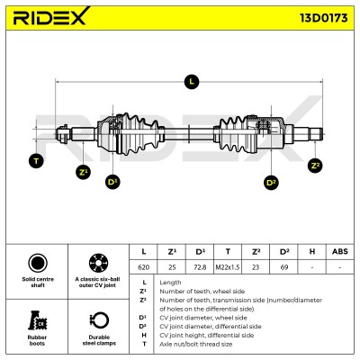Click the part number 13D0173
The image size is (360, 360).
(x=324, y=18)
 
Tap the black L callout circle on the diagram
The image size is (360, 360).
(x=192, y=81)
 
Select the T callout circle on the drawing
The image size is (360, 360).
(x=36, y=161)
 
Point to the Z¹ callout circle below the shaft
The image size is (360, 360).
(x=83, y=172)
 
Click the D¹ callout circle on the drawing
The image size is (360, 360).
(x=112, y=182)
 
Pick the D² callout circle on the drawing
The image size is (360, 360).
(x=271, y=183)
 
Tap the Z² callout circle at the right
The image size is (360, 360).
(x=315, y=166)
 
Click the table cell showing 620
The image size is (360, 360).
(x=143, y=267)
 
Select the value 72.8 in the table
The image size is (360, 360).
(x=200, y=267)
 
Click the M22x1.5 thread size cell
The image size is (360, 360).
(x=228, y=267)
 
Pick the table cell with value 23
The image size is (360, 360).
(x=256, y=267)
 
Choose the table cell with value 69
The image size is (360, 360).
(x=283, y=267)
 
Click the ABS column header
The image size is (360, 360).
(x=340, y=251)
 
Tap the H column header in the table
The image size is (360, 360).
(x=312, y=251)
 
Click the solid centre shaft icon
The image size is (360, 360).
(x=38, y=263)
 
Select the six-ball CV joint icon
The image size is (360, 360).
(x=98, y=263)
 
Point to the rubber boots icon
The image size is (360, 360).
(x=38, y=320)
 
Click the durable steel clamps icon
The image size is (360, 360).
(x=99, y=320)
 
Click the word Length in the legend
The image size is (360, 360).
(x=170, y=283)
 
